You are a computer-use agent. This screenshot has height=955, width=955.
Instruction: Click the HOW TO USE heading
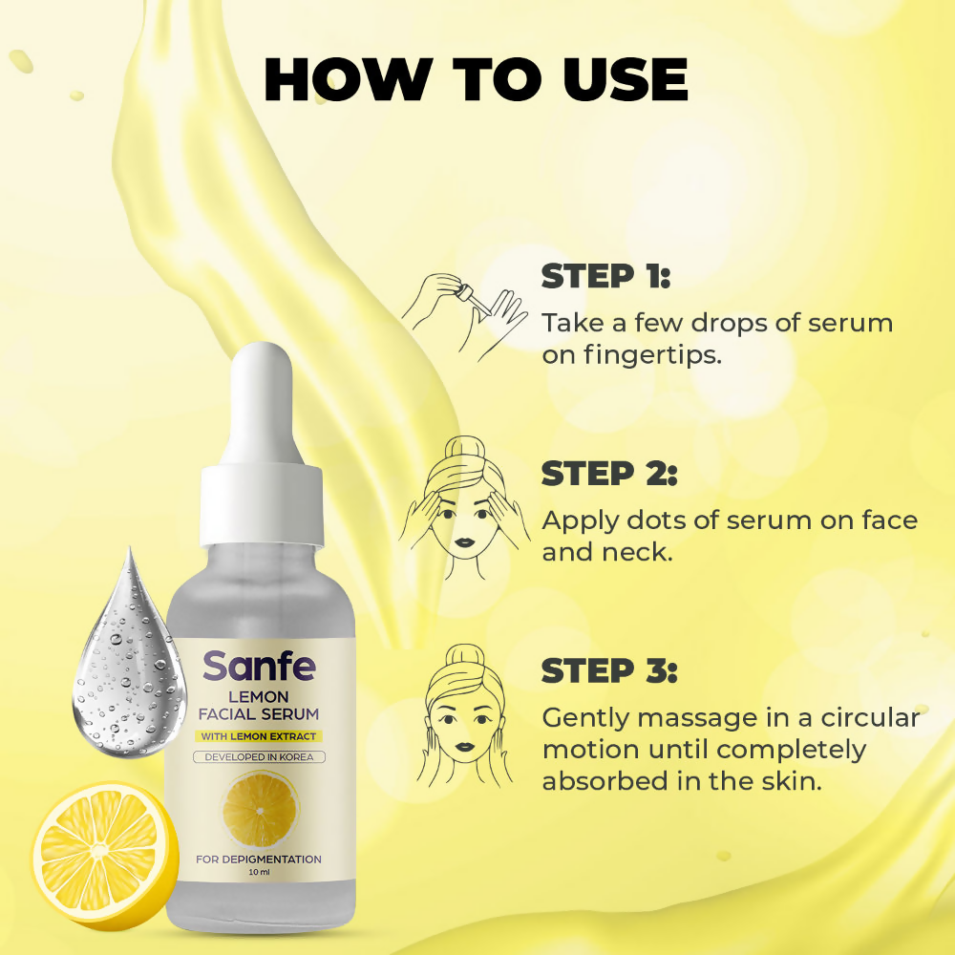pos(476,80)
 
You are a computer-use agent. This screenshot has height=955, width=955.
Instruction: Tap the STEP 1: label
pos(605,276)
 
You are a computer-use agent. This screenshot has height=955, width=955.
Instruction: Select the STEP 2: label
pos(609,474)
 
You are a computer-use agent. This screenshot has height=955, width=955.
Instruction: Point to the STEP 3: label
pos(609,670)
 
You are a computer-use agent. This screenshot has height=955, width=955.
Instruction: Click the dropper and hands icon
pos(464,317)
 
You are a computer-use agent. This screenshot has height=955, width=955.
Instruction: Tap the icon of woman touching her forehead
pos(464,507)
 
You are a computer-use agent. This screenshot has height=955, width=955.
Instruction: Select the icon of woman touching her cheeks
pos(464,716)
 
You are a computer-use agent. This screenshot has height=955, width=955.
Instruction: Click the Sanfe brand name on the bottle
pos(260,666)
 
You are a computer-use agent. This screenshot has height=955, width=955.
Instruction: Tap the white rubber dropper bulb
pos(262,404)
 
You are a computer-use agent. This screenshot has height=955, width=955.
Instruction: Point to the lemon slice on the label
pos(260,809)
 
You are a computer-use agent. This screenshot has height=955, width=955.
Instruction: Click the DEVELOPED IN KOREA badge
pos(260,757)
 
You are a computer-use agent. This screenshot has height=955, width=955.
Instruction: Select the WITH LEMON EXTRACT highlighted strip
pos(259,736)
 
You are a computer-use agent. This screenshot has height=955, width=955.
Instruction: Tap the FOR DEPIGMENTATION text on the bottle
pos(259,859)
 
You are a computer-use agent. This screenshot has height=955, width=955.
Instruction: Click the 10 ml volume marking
pos(259,872)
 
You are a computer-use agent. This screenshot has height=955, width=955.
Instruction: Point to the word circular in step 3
pos(870,718)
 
